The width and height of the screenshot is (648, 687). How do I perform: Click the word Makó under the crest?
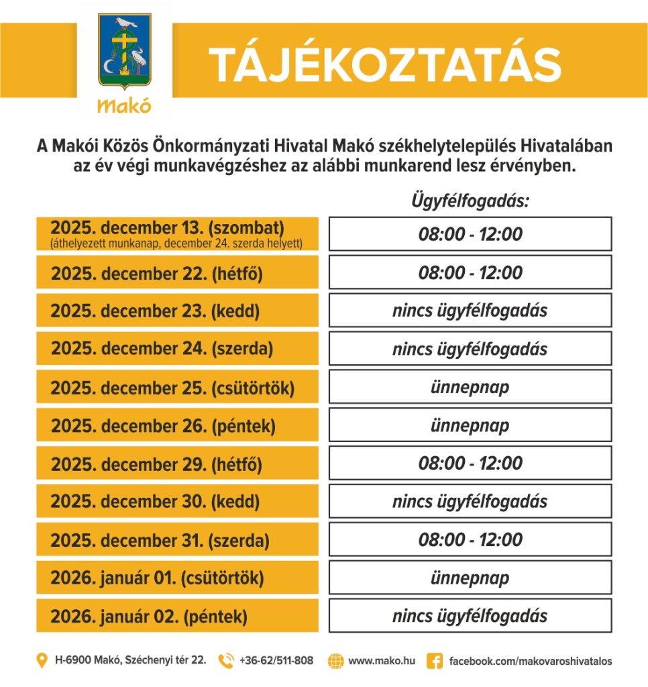coord(124,106)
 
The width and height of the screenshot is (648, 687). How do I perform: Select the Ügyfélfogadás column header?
coord(470,201)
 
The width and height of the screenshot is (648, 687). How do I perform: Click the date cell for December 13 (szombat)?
coord(177,233)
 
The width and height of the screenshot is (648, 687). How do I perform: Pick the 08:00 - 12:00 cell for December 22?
coord(470,272)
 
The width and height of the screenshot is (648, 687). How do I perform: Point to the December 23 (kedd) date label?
coord(155,311)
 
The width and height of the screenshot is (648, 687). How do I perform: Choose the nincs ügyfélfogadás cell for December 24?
coord(470,349)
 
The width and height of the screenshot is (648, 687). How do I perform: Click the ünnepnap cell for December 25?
coord(470,387)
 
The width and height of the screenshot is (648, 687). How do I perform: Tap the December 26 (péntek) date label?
coord(163,425)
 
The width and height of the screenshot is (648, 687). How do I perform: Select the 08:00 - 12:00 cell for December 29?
coord(470,463)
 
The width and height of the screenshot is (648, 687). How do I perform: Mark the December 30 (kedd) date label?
coord(155,501)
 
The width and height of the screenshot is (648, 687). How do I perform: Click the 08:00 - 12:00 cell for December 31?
coord(470,539)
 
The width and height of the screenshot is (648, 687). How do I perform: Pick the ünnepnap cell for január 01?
coord(470,578)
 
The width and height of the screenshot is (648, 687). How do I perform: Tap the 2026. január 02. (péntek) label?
coord(149,616)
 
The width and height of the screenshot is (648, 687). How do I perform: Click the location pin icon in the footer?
coord(42,661)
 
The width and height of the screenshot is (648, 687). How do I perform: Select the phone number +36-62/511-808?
coord(276,661)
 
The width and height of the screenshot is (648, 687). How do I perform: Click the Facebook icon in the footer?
coord(435,661)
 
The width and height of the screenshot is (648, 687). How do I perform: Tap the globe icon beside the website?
coord(335,661)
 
